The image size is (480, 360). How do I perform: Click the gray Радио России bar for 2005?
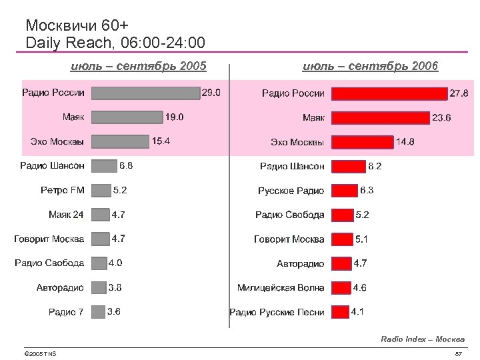coord(145,93)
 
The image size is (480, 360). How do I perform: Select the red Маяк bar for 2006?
coord(380,118)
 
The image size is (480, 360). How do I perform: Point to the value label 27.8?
coord(459,93)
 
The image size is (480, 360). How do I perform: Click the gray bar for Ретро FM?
coord(100,191)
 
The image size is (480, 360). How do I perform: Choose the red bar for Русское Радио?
coord(343,191)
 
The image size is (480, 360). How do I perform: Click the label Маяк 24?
coord(66,215)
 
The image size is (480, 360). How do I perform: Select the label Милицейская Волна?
coord(281,288)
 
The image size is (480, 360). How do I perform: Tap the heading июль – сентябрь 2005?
coord(139,66)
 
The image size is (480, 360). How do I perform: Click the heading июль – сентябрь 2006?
coord(370,66)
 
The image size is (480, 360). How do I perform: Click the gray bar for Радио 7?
coord(98,311)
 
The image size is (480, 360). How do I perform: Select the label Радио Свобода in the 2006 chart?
coord(290,215)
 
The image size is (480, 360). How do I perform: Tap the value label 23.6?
coord(441,118)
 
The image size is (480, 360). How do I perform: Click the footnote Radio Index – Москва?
coord(423,339)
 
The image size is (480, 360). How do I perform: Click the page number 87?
coord(458,353)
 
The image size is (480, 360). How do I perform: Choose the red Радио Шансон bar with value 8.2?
coord(347,166)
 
